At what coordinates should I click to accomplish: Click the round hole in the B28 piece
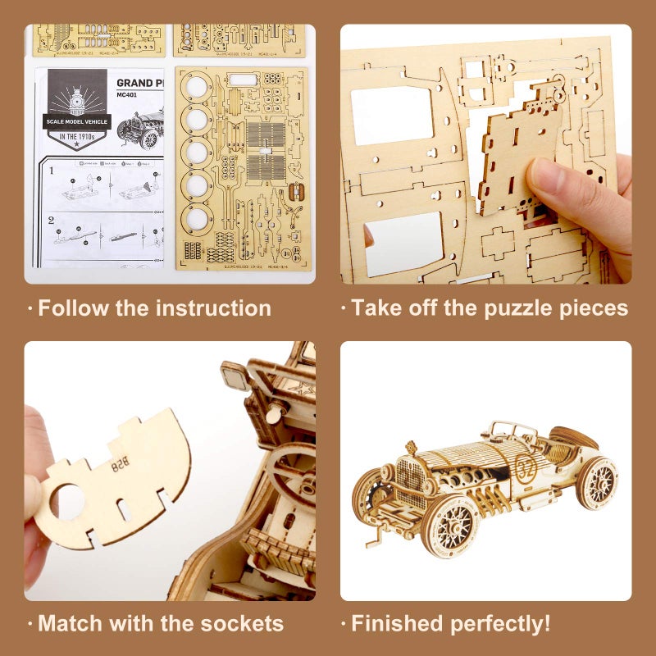(69, 501)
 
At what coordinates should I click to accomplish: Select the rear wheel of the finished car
(596, 482)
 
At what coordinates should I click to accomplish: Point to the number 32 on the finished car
(526, 465)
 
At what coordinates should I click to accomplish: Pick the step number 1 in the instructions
(51, 172)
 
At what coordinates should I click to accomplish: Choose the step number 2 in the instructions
(51, 220)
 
